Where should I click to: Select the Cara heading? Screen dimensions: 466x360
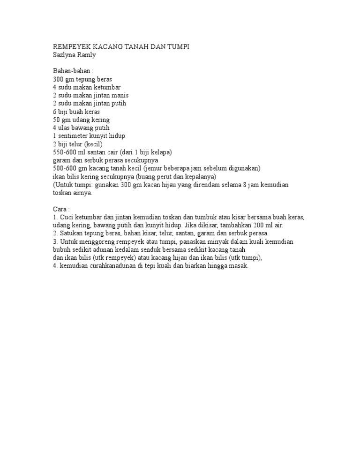60,209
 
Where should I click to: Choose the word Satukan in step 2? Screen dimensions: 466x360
71,233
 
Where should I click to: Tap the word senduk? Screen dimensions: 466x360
147,250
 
